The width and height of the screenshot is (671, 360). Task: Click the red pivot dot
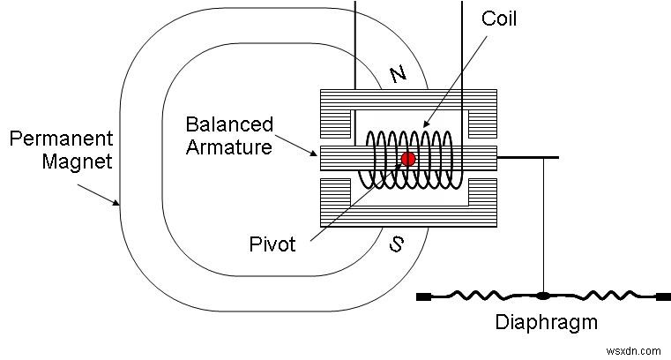click(x=408, y=159)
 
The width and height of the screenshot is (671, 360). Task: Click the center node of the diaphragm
click(x=542, y=296)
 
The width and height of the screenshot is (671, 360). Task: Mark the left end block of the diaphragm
click(x=423, y=296)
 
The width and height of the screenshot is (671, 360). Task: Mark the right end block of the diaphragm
click(x=662, y=296)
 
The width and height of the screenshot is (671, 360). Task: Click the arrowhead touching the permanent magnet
click(x=117, y=202)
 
